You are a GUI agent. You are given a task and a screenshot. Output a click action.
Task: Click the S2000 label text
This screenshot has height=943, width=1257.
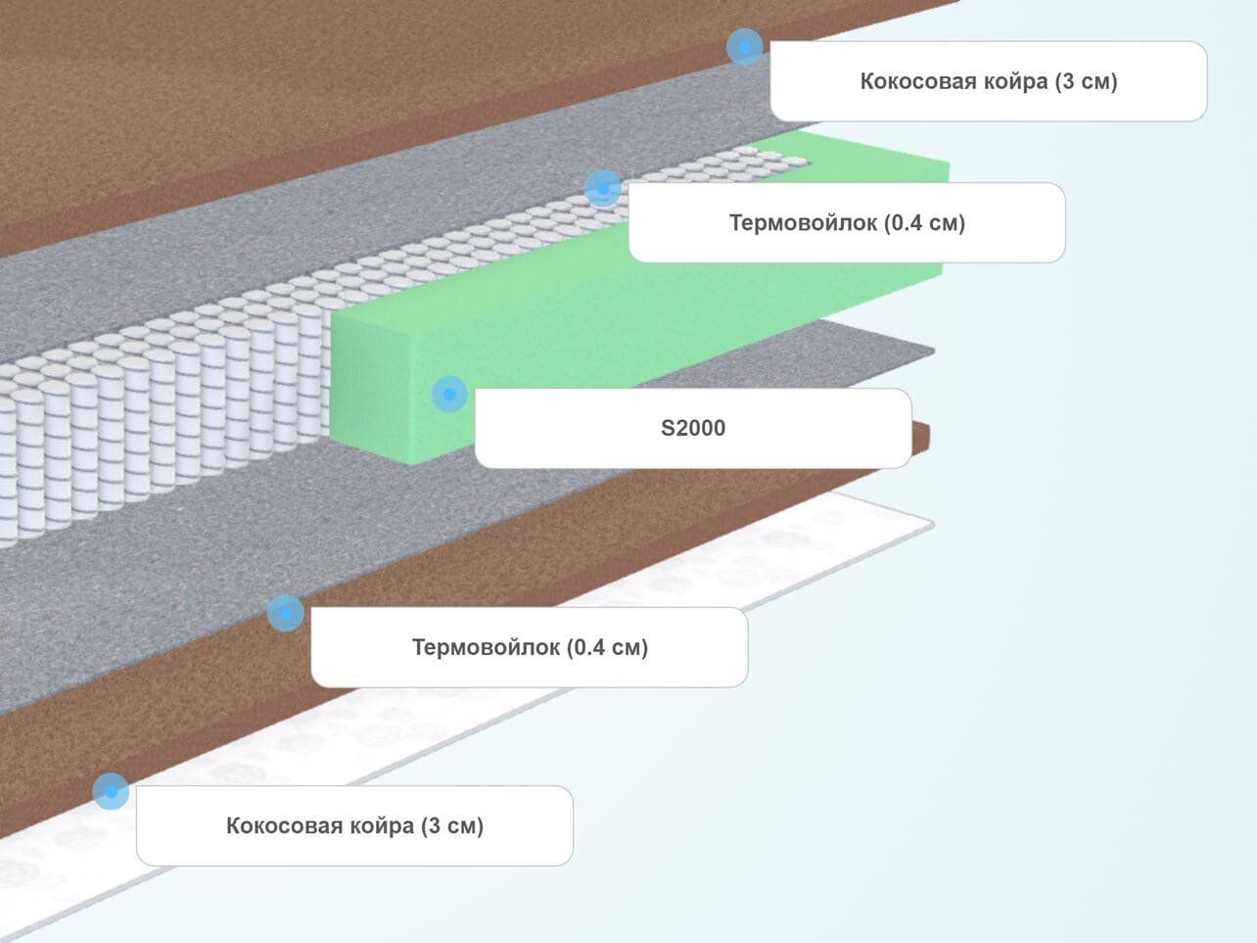[x=692, y=428]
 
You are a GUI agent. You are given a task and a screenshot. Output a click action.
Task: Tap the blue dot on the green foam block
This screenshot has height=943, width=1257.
[x=449, y=394]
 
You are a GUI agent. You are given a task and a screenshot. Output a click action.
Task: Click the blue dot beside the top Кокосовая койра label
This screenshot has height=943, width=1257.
[x=745, y=46]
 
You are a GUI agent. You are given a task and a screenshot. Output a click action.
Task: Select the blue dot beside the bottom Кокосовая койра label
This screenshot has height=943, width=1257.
[x=111, y=791]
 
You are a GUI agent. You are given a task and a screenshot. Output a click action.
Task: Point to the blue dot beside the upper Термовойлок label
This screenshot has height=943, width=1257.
[x=603, y=187]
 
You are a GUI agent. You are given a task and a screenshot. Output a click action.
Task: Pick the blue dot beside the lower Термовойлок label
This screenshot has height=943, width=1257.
[x=285, y=613]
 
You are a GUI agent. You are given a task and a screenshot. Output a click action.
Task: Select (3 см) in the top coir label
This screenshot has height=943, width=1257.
[x=1086, y=81]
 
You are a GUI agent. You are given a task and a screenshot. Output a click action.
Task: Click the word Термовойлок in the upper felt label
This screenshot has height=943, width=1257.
[x=803, y=222]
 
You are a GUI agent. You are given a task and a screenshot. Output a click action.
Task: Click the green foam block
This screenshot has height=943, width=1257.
[x=636, y=294]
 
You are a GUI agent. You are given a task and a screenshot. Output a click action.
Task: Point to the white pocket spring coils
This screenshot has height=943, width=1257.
[x=147, y=421]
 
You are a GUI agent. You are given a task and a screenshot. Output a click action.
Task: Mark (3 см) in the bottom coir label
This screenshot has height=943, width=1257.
[x=451, y=825]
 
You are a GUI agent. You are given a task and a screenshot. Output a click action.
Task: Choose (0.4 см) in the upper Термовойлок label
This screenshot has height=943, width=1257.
[x=924, y=222]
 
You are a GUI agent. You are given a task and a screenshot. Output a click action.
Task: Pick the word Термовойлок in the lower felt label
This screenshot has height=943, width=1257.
[x=486, y=647]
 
